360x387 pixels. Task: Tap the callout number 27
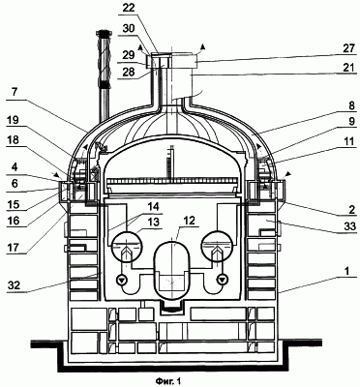point(347,49)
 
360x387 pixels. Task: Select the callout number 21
point(348,68)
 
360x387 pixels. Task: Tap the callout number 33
point(348,226)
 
